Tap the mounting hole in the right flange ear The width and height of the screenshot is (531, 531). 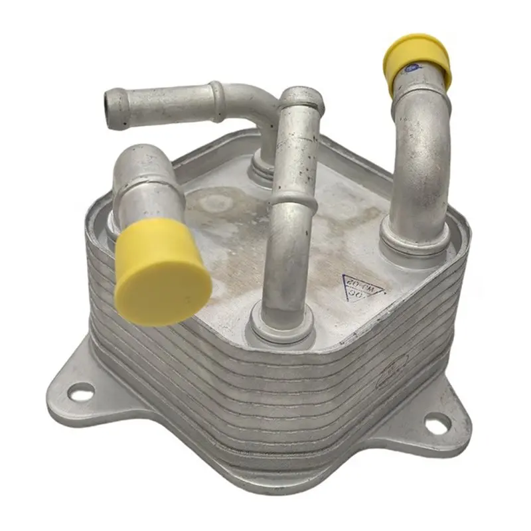click(437, 424)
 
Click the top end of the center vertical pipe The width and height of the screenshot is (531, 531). click(302, 98)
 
